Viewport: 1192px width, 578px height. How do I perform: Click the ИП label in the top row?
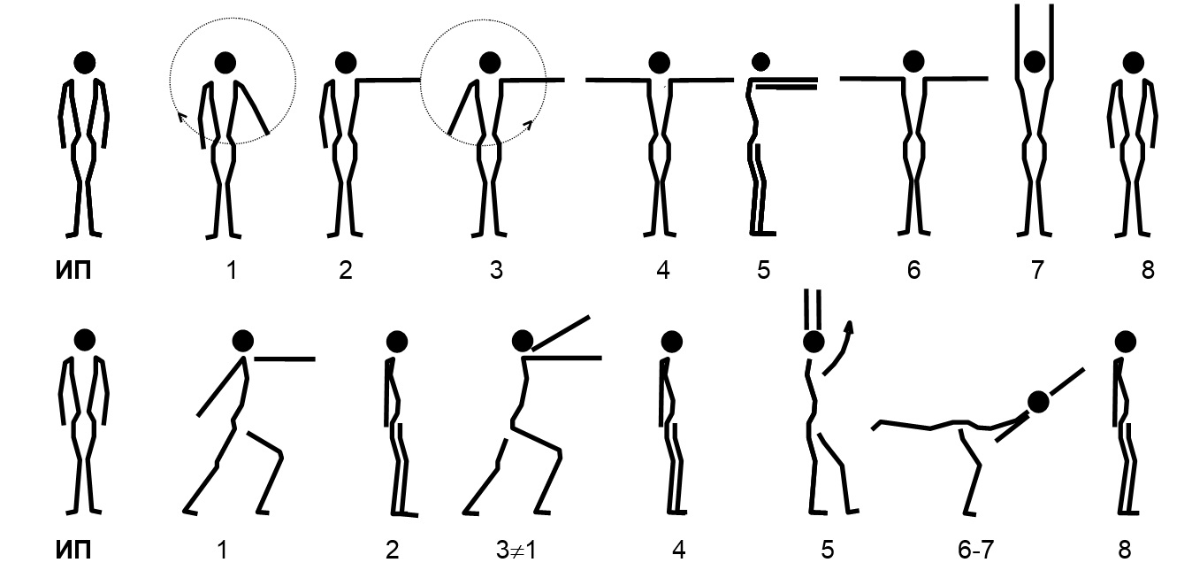(x=73, y=271)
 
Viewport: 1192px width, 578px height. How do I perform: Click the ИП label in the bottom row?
(x=73, y=550)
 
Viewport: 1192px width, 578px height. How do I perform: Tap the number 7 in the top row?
(x=1037, y=271)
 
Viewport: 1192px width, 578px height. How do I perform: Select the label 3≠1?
(x=516, y=550)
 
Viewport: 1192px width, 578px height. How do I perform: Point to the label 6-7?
(x=976, y=550)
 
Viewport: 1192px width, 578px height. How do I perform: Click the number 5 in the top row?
(x=764, y=271)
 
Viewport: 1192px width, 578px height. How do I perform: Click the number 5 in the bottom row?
(x=828, y=550)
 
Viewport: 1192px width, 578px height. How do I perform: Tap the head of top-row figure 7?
(x=1035, y=62)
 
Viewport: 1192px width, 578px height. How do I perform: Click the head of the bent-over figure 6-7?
(x=1038, y=402)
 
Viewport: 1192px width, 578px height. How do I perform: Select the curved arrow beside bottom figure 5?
(x=841, y=349)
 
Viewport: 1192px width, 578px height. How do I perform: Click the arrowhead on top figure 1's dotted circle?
(x=181, y=117)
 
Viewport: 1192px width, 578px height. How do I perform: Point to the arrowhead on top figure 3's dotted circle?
(x=528, y=125)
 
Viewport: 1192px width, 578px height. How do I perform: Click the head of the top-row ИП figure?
(x=85, y=62)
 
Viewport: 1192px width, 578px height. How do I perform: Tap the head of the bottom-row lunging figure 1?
(x=242, y=341)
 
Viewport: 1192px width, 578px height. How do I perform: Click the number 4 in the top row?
(x=662, y=271)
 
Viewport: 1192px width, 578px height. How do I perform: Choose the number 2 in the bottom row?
(x=393, y=550)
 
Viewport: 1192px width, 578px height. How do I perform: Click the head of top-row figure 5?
(x=761, y=62)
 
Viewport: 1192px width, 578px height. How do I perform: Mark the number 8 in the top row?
(x=1148, y=271)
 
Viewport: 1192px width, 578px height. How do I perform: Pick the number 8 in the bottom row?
(x=1125, y=550)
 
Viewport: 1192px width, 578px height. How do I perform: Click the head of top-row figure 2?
(x=346, y=62)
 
